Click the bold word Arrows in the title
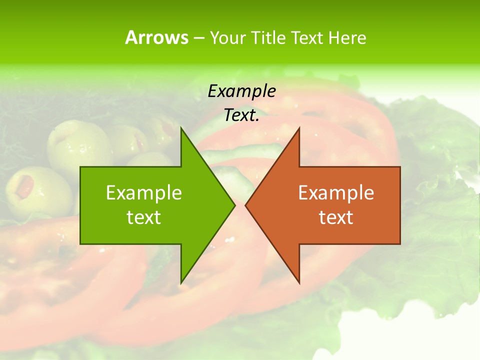click(x=156, y=37)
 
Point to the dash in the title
click(x=198, y=38)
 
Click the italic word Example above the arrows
click(x=242, y=91)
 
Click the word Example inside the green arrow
click(x=144, y=193)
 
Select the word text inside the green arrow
click(x=144, y=217)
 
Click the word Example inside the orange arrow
click(x=336, y=193)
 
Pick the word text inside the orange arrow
click(x=336, y=217)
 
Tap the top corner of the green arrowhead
click(x=181, y=128)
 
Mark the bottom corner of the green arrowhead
click(x=181, y=282)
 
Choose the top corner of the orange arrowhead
click(x=299, y=128)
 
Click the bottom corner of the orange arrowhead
click(x=299, y=282)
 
